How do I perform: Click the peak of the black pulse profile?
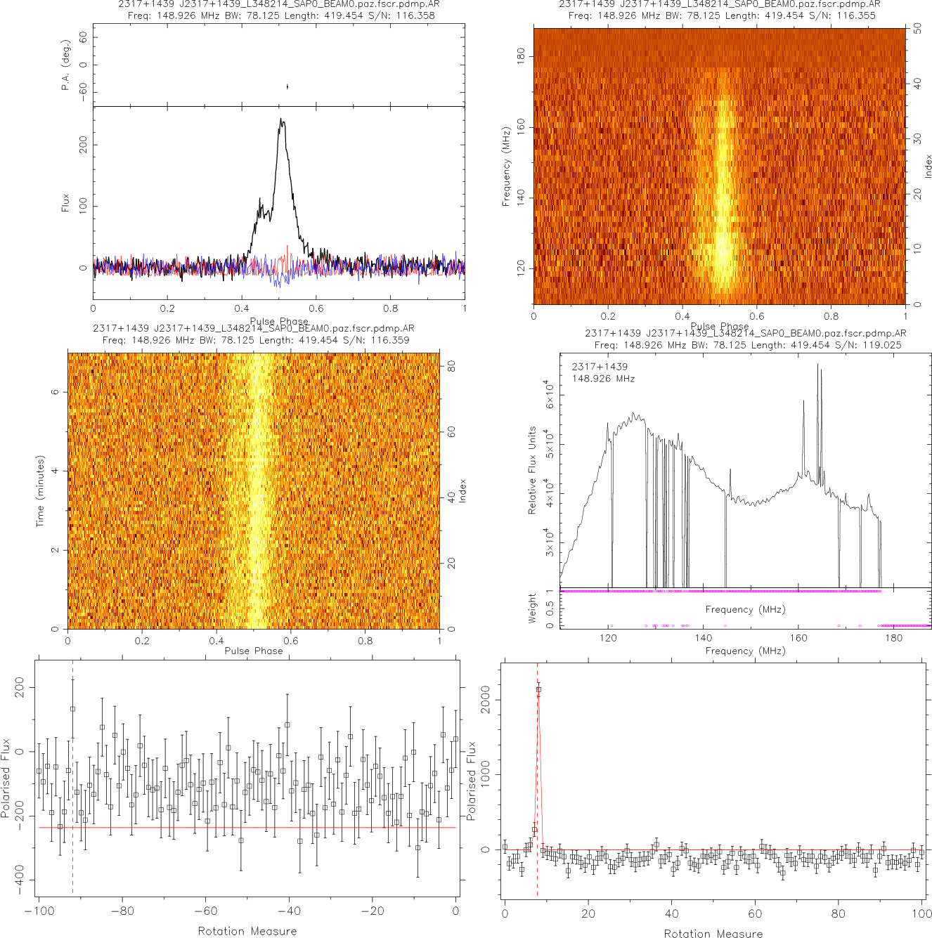tap(282, 119)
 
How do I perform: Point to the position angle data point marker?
tap(287, 86)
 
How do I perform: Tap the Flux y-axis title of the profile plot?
tap(66, 203)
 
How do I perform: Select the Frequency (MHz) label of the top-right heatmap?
tap(506, 167)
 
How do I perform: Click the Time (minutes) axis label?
tap(40, 491)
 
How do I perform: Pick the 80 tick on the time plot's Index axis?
tap(451, 366)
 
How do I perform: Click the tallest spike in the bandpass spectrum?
tap(818, 365)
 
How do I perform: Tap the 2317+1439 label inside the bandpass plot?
tap(600, 367)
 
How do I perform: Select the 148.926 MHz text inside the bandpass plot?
tap(603, 379)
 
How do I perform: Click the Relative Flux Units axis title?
tap(532, 470)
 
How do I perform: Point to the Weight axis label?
tap(532, 608)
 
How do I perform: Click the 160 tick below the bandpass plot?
tap(798, 638)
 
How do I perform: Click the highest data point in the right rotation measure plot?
tap(538, 689)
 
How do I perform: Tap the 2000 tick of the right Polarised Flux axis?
tap(485, 700)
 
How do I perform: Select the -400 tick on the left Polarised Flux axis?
tap(19, 879)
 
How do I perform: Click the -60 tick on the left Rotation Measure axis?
tap(205, 911)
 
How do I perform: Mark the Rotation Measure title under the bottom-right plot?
tap(713, 933)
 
